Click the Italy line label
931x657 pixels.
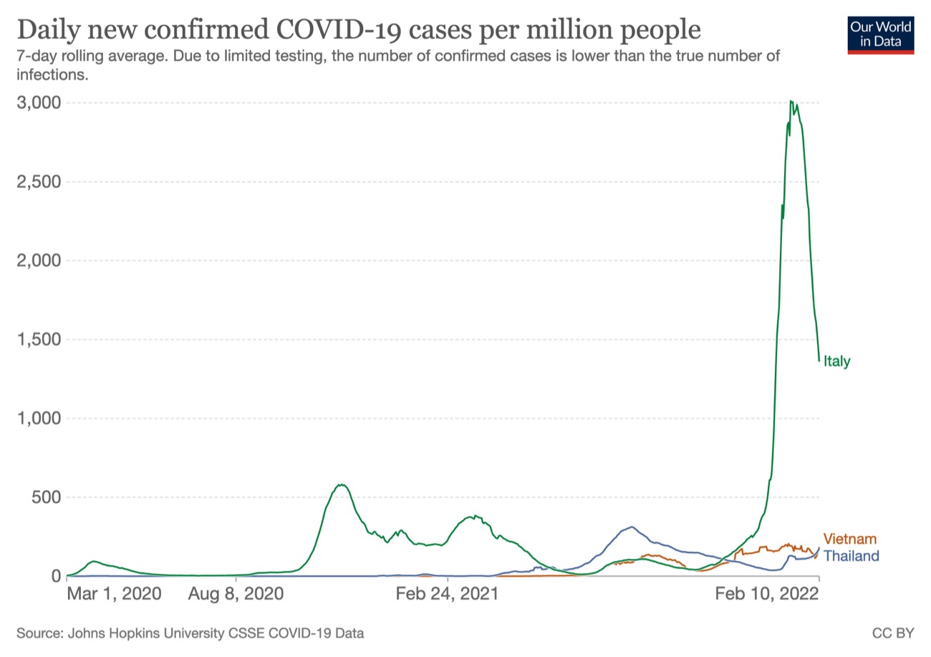836,361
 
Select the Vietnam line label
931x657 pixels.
849,539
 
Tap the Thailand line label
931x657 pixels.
851,555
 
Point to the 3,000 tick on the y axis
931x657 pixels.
38,102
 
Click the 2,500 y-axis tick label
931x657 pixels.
38,181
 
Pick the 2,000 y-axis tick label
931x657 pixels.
38,260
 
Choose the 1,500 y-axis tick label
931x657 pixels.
38,339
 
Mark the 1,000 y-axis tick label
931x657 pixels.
38,418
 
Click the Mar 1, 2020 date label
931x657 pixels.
115,595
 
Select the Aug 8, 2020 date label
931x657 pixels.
236,595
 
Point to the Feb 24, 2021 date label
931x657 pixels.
447,595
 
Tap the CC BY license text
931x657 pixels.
893,633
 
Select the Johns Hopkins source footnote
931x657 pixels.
190,633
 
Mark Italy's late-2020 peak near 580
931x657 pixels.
342,485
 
